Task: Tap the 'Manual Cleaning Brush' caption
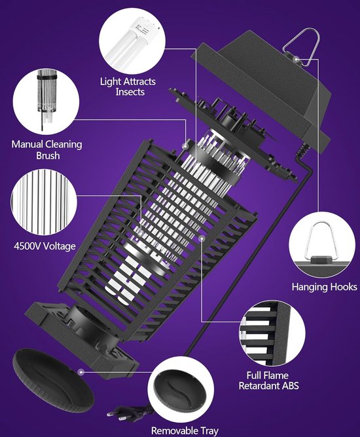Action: (x=45, y=150)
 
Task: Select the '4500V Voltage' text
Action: (x=45, y=246)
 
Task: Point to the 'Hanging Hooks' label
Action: (x=324, y=287)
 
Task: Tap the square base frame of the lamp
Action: (x=85, y=334)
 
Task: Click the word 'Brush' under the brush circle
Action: (x=45, y=156)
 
